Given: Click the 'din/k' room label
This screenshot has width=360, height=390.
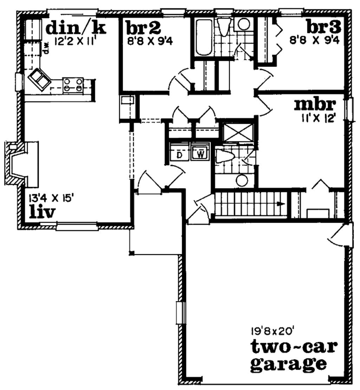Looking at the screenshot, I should tap(76, 27).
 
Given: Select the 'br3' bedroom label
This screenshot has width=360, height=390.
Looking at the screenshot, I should tap(322, 27).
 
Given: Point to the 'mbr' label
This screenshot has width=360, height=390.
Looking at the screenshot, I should tap(315, 105).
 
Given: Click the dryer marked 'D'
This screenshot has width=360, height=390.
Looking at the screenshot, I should tap(179, 154).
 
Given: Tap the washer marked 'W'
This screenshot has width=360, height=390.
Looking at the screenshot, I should tap(200, 154).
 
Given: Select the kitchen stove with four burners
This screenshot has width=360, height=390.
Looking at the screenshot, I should tap(73, 85).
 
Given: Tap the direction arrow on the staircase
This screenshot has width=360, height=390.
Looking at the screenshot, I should tap(280, 203).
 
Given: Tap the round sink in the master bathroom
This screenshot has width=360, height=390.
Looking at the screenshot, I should tap(242, 180).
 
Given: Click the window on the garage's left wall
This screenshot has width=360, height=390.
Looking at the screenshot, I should tap(180, 312).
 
